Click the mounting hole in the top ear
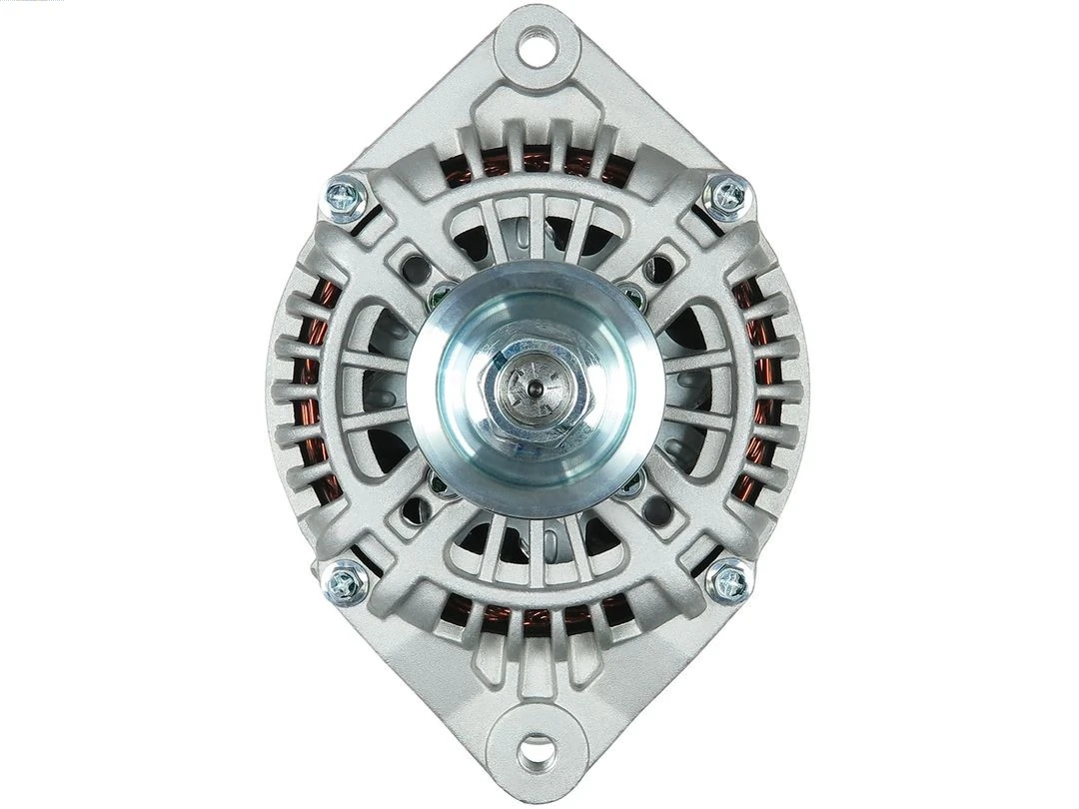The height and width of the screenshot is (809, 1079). click(x=537, y=46)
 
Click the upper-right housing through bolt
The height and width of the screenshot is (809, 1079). click(x=727, y=195)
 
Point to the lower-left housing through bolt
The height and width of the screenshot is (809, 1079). click(x=347, y=581)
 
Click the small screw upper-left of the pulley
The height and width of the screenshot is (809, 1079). click(x=441, y=294)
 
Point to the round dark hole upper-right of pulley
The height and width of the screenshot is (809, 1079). click(x=658, y=268)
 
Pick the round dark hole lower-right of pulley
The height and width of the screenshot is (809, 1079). click(x=658, y=511)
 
